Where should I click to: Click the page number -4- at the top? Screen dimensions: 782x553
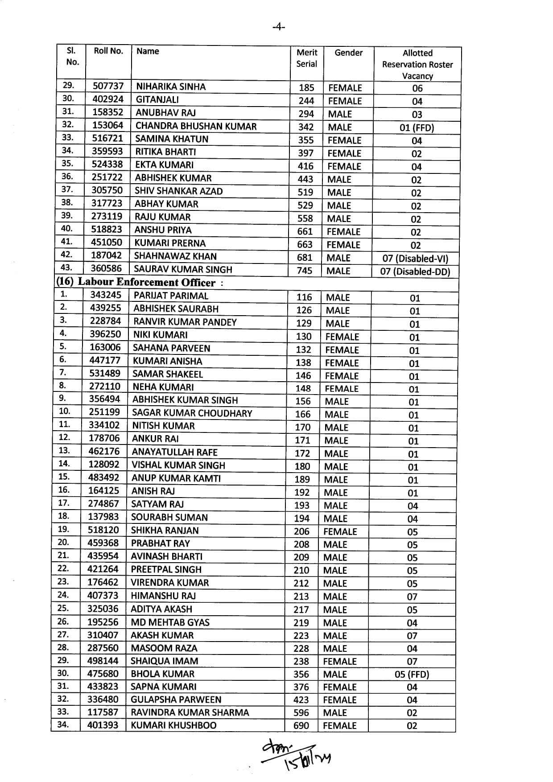(279, 27)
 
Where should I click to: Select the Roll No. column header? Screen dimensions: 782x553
(108, 51)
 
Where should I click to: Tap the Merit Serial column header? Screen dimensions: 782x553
(307, 58)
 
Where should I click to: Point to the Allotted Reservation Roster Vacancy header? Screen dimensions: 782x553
(417, 64)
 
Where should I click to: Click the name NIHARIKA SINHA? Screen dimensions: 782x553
(171, 86)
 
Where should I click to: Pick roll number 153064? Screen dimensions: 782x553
(107, 125)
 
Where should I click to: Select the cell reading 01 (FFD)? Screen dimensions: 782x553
(417, 128)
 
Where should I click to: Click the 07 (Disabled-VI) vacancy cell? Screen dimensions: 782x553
(415, 259)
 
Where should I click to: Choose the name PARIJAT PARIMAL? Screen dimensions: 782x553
(171, 296)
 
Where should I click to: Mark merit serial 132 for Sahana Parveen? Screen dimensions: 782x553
(303, 350)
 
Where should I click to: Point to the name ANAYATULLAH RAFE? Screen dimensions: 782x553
(174, 452)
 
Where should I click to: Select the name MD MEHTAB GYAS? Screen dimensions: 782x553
(170, 622)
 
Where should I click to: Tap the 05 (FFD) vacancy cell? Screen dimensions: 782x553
(412, 674)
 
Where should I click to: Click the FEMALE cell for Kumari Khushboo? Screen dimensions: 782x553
(339, 725)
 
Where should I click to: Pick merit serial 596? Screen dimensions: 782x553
(301, 712)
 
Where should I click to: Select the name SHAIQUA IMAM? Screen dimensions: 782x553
(164, 661)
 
